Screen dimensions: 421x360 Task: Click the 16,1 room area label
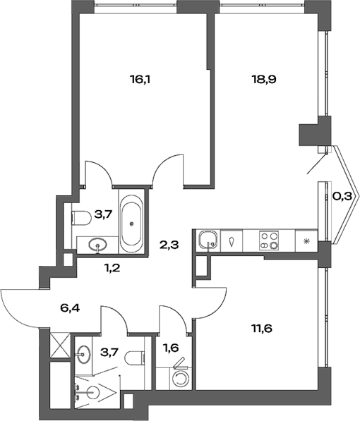pos(142,80)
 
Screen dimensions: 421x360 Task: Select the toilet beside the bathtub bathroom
pos(80,216)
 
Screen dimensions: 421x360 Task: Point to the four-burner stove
pos(269,240)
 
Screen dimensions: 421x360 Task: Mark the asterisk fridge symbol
pos(306,241)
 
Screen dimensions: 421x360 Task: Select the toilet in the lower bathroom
pos(135,358)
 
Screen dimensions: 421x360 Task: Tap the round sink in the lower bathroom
pos(85,353)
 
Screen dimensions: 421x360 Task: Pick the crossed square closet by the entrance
pos(59,348)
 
